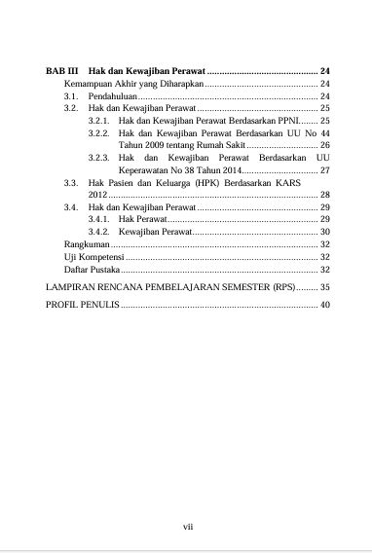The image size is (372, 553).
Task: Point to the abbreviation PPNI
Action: point(286,121)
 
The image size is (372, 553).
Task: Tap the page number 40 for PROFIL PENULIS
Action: point(325,306)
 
